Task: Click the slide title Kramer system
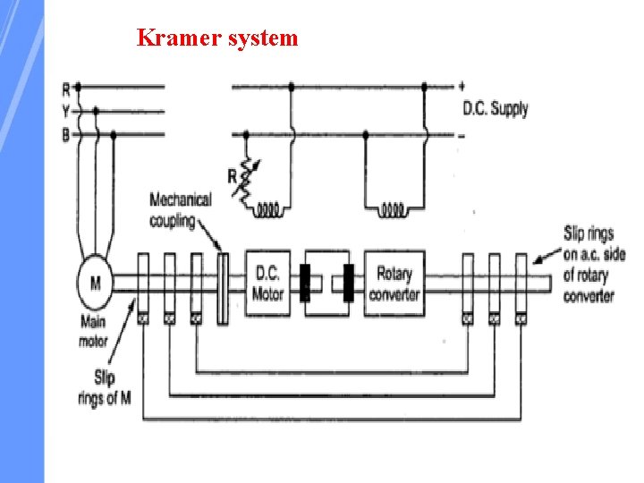pyautogui.click(x=217, y=38)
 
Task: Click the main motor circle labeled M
pyautogui.click(x=95, y=283)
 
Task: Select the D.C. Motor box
pyautogui.click(x=267, y=283)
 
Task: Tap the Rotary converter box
pyautogui.click(x=394, y=283)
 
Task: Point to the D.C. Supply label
pyautogui.click(x=495, y=109)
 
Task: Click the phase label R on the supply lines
pyautogui.click(x=65, y=89)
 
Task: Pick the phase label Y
pyautogui.click(x=65, y=112)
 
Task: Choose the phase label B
pyautogui.click(x=65, y=135)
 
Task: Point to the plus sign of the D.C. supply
pyautogui.click(x=462, y=87)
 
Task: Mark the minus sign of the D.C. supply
pyautogui.click(x=462, y=135)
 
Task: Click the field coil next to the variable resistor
pyautogui.click(x=268, y=211)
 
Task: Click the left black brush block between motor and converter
pyautogui.click(x=305, y=282)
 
